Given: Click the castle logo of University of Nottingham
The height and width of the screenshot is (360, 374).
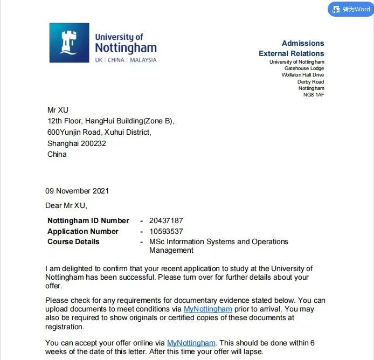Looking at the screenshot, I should tap(69, 43).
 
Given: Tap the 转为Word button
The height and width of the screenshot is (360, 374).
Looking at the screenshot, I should tap(351, 9).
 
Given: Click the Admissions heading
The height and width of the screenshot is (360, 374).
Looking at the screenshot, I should tap(303, 43).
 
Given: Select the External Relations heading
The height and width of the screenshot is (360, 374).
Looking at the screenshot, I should tap(291, 53).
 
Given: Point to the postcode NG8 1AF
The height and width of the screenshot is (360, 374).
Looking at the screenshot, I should tap(314, 95).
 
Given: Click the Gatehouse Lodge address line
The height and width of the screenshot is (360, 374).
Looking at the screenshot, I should tap(304, 68).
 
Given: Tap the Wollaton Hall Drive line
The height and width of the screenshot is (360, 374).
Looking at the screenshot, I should tap(302, 75).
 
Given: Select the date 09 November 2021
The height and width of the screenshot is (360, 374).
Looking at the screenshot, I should tap(77, 191).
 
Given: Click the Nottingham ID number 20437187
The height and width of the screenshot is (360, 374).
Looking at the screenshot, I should tap(166, 220).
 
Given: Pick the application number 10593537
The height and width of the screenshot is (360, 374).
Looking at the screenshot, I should tap(166, 231).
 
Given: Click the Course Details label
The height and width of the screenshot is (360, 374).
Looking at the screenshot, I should tap(73, 241).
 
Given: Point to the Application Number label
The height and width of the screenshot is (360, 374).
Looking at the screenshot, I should tap(82, 231).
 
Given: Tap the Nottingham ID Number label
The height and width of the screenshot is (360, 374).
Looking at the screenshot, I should tap(88, 220).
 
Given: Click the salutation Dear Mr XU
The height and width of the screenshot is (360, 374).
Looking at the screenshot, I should tap(66, 205).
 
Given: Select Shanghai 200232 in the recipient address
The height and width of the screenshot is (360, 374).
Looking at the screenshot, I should tap(77, 143).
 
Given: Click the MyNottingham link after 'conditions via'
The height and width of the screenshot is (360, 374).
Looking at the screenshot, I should tap(207, 309).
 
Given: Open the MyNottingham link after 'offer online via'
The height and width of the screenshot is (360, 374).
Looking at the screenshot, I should tap(191, 343).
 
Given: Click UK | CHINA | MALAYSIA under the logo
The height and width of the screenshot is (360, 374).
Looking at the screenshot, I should tap(126, 60).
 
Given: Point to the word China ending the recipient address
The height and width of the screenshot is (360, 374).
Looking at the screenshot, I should tap(57, 154).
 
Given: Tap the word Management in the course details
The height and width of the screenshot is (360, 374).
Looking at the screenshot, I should tap(171, 250).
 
